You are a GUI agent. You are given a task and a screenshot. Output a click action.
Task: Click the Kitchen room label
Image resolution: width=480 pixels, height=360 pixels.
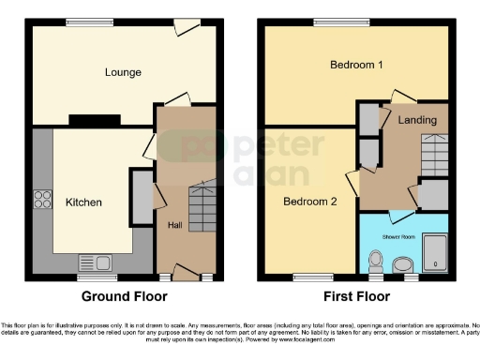[83, 202]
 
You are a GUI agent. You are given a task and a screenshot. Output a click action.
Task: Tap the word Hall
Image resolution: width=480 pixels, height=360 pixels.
[175, 225]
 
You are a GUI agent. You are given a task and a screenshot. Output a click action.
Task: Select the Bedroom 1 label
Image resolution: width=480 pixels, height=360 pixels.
[357, 65]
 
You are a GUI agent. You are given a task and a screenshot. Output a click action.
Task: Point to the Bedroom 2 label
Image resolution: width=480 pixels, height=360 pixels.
[309, 201]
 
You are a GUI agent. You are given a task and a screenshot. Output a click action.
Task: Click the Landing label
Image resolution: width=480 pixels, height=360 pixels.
[416, 121]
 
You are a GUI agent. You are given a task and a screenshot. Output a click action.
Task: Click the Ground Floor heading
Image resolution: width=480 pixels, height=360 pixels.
[125, 296]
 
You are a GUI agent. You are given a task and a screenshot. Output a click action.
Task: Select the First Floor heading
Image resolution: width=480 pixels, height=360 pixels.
[355, 296]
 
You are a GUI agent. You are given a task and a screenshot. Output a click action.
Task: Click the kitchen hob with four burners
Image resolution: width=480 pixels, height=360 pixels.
[43, 199]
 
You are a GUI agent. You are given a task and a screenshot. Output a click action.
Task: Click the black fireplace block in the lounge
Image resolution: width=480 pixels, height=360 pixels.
[94, 119]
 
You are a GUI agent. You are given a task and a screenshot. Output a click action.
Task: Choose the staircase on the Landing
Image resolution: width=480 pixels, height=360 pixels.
[433, 150]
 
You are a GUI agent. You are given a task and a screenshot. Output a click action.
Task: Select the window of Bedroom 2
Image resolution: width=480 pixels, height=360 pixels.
[307, 277]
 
